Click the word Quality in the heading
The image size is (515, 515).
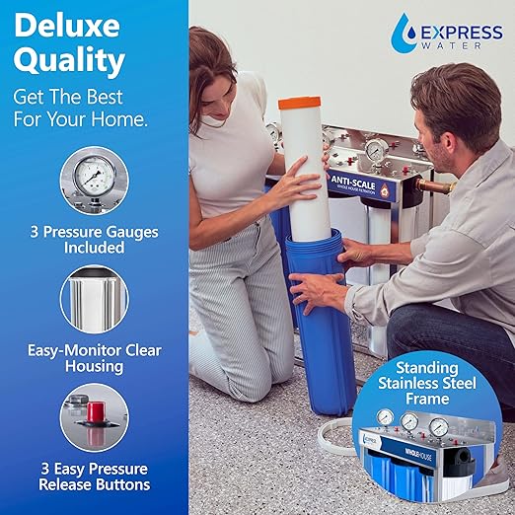coord(69,61)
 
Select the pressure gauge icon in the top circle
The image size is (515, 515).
coord(94,181)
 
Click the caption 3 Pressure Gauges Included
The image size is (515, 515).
coord(94,240)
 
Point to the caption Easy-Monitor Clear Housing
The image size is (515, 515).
coord(94,358)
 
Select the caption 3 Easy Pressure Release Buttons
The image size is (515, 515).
coord(94,476)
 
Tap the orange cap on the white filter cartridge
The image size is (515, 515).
coord(301,103)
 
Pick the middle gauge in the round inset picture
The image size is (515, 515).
coord(408,422)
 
